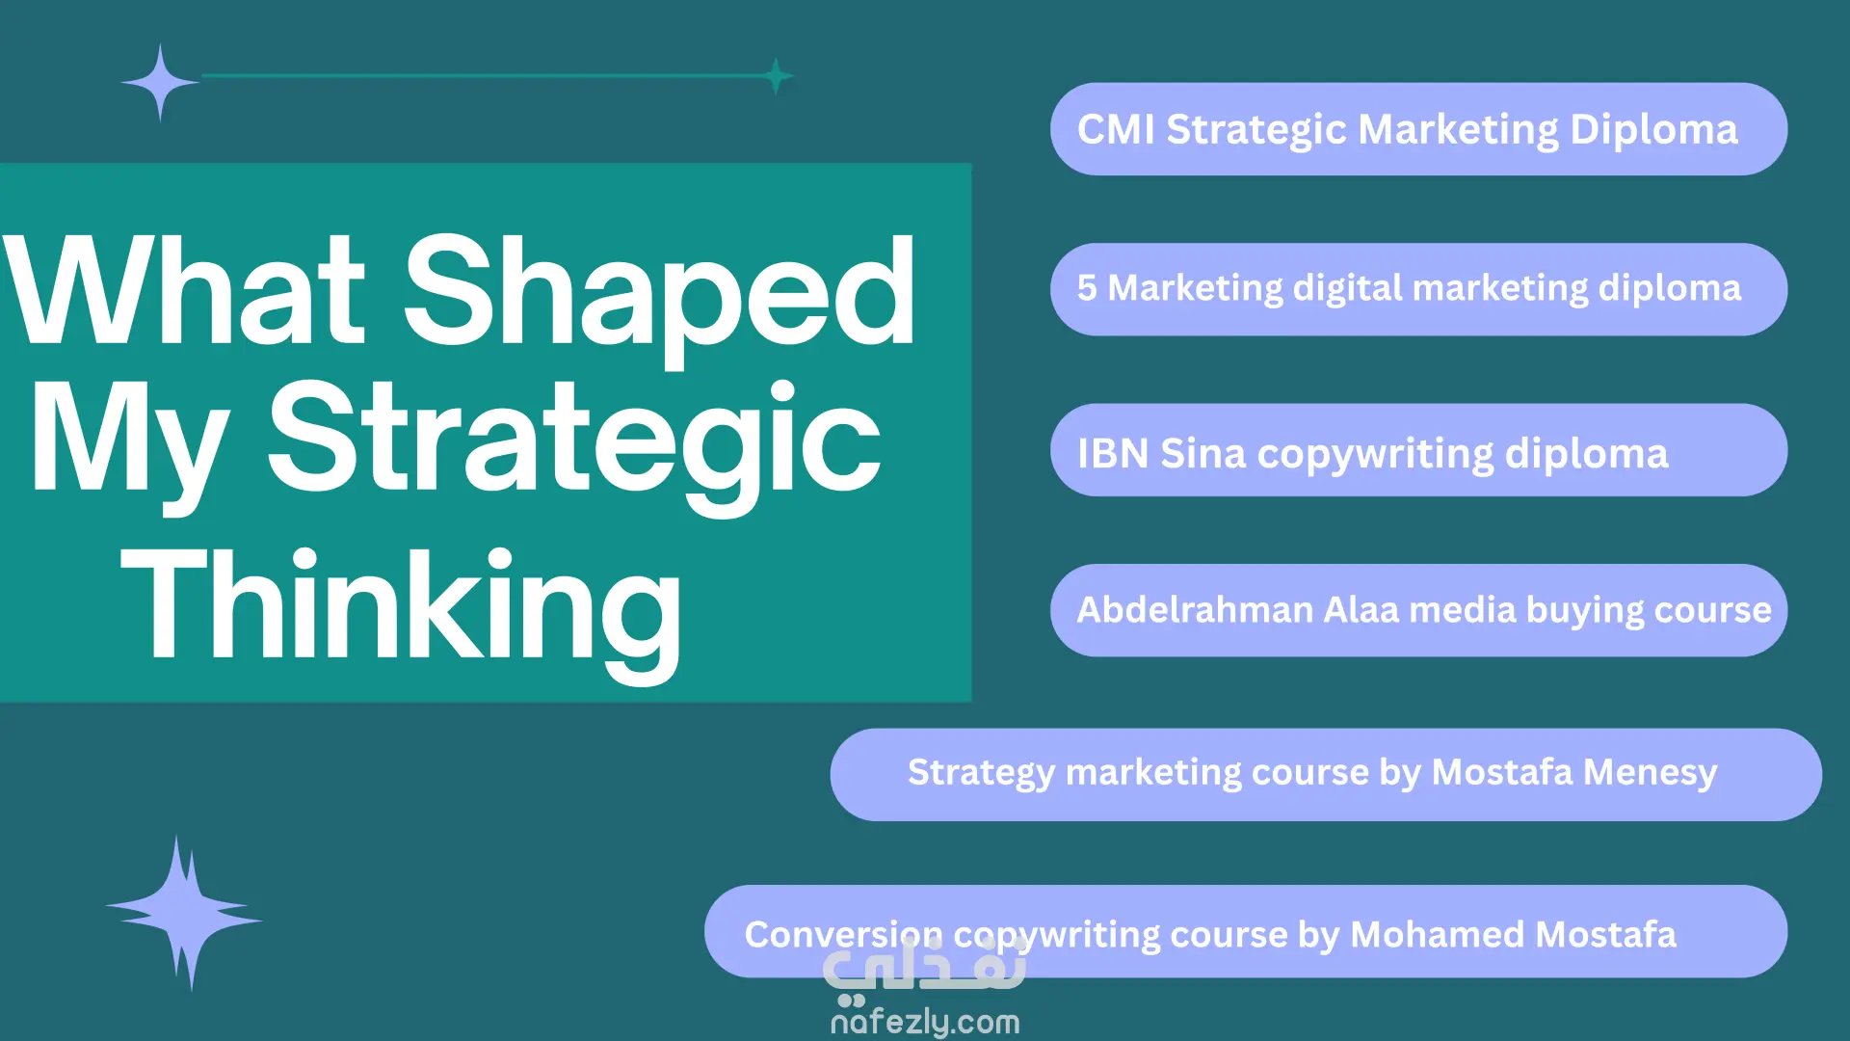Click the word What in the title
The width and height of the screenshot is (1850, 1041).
pos(185,289)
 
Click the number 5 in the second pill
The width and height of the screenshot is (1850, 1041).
pos(1087,288)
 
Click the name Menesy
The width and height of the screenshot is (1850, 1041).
pos(1650,772)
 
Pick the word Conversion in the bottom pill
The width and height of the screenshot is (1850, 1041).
pos(844,935)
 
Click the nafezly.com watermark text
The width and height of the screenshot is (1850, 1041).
pos(925,1022)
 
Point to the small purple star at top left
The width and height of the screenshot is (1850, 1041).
pos(160,83)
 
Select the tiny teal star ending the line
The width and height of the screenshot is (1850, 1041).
pos(776,76)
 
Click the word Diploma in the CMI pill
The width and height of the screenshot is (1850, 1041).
pos(1653,130)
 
